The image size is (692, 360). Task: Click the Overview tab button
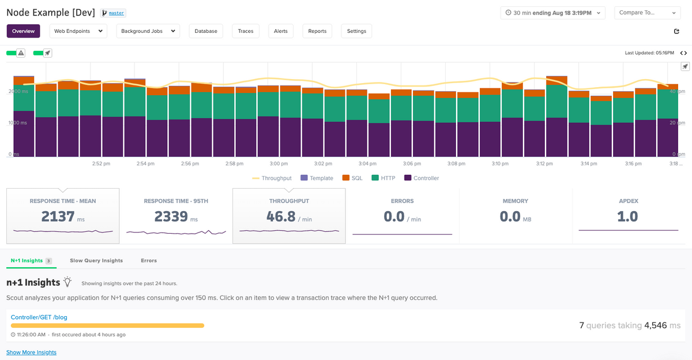point(23,31)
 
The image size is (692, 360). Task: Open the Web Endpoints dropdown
point(78,31)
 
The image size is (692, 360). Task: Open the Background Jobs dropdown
point(148,31)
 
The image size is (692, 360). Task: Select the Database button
point(206,31)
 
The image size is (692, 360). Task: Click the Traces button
point(246,31)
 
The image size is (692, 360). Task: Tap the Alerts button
point(281,31)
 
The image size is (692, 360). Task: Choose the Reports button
point(317,31)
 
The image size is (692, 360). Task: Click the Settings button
point(356,31)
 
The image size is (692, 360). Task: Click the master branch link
point(116,13)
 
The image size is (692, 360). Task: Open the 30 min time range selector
point(552,13)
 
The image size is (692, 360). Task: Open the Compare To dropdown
point(648,13)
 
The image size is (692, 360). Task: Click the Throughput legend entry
point(272,178)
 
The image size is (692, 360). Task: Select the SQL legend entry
point(353,178)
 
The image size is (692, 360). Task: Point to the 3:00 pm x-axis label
point(279,164)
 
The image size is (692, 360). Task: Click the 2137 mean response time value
point(58,217)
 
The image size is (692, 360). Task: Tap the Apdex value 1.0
point(627,217)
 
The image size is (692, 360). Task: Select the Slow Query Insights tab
point(96,261)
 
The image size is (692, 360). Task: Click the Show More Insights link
point(31,352)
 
